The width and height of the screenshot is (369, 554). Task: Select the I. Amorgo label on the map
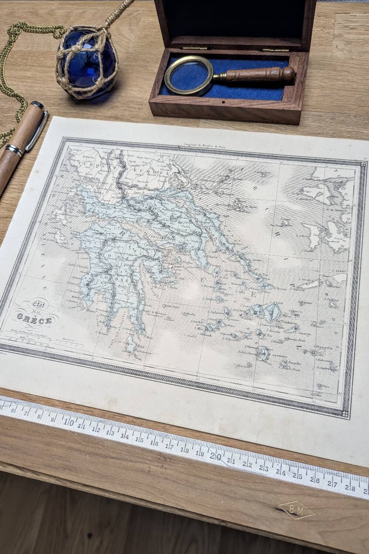303,334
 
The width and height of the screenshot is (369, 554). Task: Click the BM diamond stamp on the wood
296,512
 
